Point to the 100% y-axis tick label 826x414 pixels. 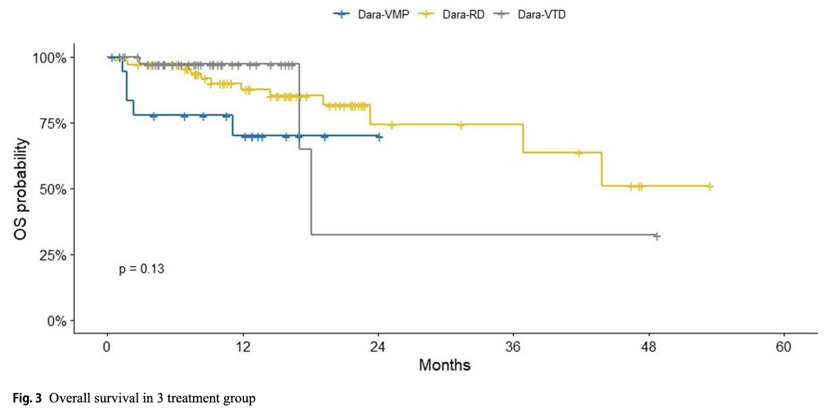50,58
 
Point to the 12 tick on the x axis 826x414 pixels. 243,347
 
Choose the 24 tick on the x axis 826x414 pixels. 378,347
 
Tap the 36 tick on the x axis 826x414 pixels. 513,347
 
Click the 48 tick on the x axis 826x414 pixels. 649,347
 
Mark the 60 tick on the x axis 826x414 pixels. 784,347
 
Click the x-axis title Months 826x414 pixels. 444,366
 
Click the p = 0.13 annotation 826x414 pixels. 142,269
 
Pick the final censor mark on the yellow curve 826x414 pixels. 709,186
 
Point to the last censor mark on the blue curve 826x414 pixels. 379,137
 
